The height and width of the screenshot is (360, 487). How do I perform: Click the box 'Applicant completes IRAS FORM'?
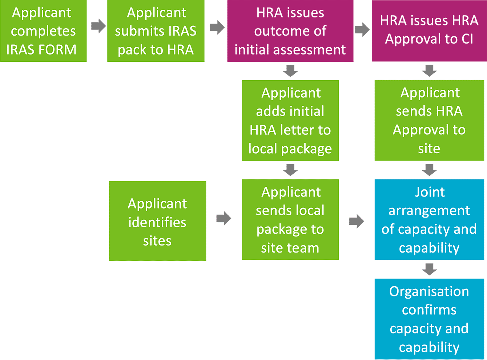point(43,31)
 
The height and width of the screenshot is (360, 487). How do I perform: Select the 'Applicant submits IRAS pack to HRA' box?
point(156,31)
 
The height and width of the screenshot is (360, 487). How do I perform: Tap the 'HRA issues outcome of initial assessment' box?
point(290,31)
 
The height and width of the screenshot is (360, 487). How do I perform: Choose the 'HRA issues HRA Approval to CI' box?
point(429,31)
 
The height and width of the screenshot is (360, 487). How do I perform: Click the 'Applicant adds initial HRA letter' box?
point(290,121)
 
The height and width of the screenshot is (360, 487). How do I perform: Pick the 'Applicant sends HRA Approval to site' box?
point(429,121)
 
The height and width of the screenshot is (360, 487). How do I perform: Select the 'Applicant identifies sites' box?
point(157,221)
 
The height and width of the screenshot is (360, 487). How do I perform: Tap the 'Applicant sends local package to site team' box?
point(290,220)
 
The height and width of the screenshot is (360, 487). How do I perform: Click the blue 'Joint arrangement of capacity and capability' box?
point(429,220)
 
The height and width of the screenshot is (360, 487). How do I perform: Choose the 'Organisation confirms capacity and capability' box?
point(429,319)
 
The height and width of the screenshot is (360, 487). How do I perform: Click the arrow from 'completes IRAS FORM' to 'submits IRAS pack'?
point(98,26)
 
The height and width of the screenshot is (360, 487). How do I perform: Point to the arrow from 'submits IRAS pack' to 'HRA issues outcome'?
point(217,27)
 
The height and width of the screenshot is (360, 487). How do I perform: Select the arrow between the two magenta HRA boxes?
point(362,30)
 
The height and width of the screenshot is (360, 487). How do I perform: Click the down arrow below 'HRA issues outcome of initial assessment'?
point(290,71)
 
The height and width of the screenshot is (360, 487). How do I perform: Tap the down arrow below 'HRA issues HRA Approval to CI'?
point(429,70)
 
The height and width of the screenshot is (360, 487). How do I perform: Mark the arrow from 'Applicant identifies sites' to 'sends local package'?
point(224,218)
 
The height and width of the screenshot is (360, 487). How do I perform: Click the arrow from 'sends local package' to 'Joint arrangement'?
point(357,221)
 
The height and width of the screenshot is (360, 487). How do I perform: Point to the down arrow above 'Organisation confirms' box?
point(429,270)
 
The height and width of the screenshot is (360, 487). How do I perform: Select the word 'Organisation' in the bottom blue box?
point(429,291)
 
